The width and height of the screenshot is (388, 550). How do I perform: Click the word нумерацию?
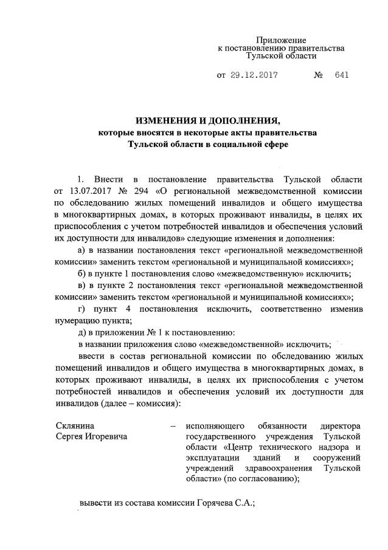[80, 321]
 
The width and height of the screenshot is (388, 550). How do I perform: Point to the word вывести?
[97, 503]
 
